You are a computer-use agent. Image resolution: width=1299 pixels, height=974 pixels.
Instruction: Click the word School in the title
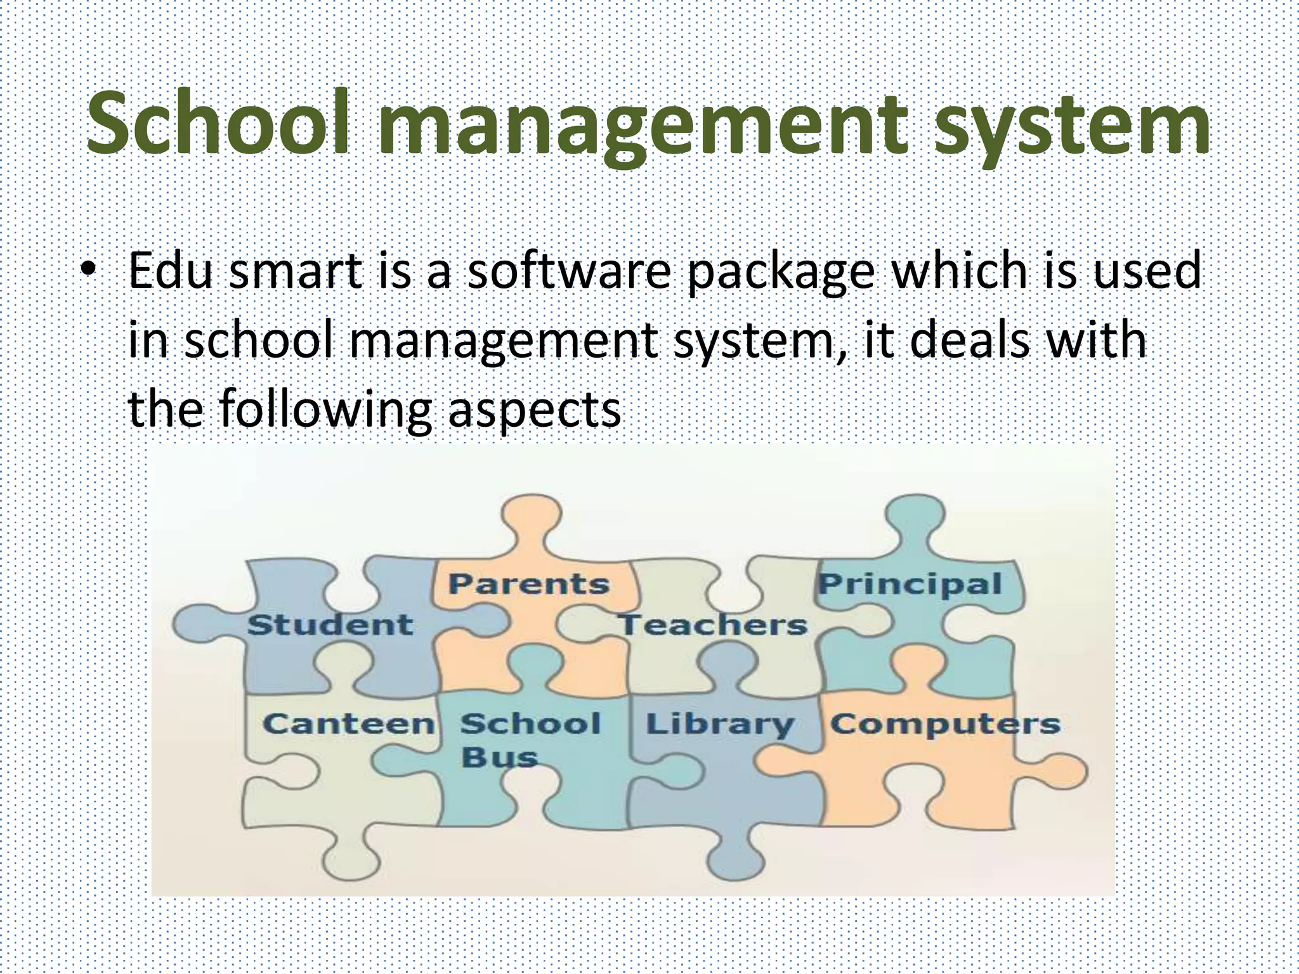click(218, 124)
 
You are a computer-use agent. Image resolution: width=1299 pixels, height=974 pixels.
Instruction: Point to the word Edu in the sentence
click(169, 271)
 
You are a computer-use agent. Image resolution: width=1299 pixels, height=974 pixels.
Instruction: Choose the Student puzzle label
click(330, 625)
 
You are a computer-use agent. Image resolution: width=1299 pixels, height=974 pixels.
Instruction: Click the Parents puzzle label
click(528, 584)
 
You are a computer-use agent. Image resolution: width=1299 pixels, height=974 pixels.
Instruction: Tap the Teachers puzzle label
click(713, 625)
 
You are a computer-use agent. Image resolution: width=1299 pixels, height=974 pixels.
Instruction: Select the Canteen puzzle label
click(348, 724)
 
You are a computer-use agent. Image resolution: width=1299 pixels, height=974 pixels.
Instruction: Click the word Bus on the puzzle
click(499, 757)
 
